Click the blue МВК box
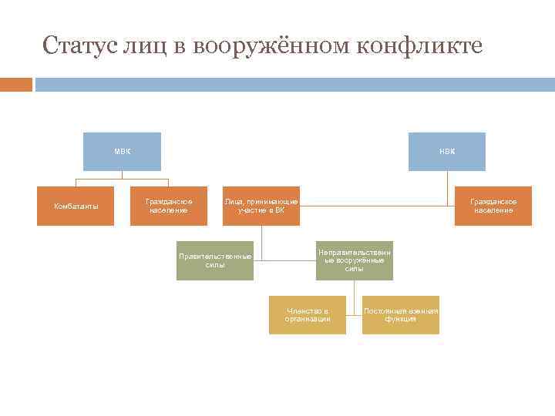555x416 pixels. click(123, 151)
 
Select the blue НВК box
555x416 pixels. click(447, 151)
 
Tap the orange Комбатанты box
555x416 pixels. click(76, 206)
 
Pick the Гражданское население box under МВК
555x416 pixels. click(169, 206)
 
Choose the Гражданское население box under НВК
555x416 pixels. click(493, 206)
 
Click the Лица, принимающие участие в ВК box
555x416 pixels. click(261, 206)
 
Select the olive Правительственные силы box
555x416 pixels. click(215, 260)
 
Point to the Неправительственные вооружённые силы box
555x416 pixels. click(355, 260)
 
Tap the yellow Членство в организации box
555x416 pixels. click(308, 315)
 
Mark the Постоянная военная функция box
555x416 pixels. click(401, 315)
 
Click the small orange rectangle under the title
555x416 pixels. click(16, 84)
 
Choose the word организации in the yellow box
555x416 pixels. click(308, 319)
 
